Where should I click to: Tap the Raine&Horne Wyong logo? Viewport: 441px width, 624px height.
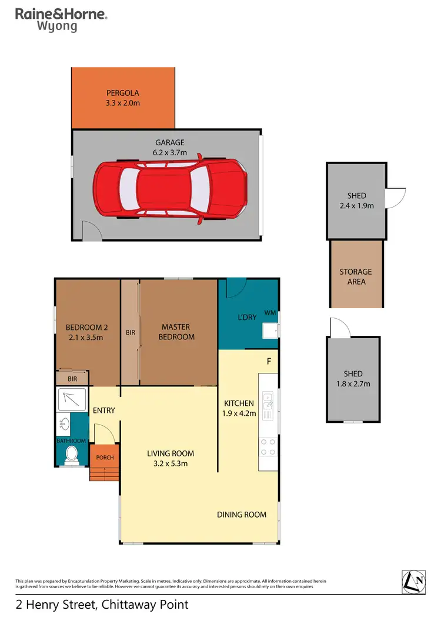[x=61, y=19]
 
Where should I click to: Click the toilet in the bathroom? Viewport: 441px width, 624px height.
[x=72, y=453]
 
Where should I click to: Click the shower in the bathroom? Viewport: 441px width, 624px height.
[x=71, y=398]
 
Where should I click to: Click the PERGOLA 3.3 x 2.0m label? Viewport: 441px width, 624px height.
[x=123, y=98]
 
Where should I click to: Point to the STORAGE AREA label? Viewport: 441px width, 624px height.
[x=356, y=276]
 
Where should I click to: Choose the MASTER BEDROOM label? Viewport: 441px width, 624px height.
[x=179, y=332]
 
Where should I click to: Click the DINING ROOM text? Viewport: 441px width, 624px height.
[x=242, y=515]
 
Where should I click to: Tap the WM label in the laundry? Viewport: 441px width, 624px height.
[x=270, y=312]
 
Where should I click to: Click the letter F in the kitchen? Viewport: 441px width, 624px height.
[x=269, y=361]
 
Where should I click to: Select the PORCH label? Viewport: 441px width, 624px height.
[x=105, y=457]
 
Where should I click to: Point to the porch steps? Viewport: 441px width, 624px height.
[x=104, y=473]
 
